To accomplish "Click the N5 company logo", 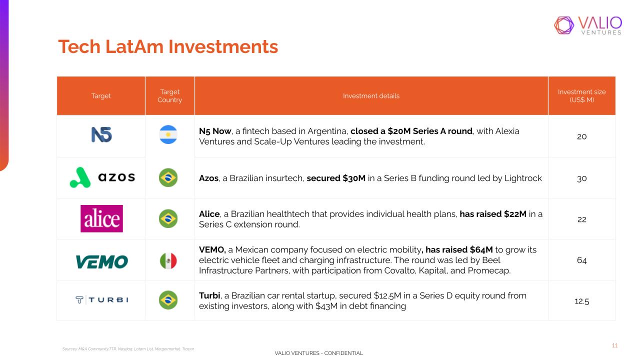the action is pos(101,134).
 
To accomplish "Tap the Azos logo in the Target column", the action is pos(102,177).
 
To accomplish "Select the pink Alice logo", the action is pos(101,218).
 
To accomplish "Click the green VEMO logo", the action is pos(102,262).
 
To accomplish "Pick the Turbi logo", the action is pos(102,299).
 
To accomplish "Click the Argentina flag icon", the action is pos(168,134).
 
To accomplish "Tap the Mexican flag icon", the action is pos(168,261).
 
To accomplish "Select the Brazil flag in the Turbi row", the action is pos(168,300).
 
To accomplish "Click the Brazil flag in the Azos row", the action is pos(168,177).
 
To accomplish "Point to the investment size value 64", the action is pos(581,260).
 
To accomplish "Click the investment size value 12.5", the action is pos(581,301).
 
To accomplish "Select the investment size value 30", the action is pos(581,178).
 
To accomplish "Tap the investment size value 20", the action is pos(581,136).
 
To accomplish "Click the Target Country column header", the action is pos(169,95).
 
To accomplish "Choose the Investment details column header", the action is pos(371,95).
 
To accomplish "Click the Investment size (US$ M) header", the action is pos(581,95).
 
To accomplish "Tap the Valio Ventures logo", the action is pos(588,25).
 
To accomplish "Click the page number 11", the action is pos(615,345).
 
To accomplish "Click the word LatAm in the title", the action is pos(134,46).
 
